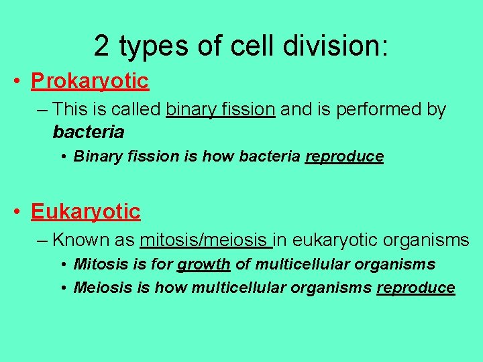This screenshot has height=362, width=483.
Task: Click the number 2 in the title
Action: click(x=102, y=46)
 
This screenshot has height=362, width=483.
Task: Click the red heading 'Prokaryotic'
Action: click(x=89, y=82)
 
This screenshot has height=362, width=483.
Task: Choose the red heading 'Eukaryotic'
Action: click(x=85, y=213)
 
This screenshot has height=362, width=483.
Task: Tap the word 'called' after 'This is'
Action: click(x=139, y=109)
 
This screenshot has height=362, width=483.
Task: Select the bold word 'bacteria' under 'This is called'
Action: click(x=88, y=132)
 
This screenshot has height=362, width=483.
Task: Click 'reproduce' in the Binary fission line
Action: click(x=344, y=157)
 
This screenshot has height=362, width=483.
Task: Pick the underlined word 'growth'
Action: click(x=204, y=265)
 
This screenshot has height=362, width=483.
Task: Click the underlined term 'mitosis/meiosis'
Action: click(x=205, y=239)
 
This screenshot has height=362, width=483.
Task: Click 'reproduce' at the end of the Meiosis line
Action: click(x=415, y=288)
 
